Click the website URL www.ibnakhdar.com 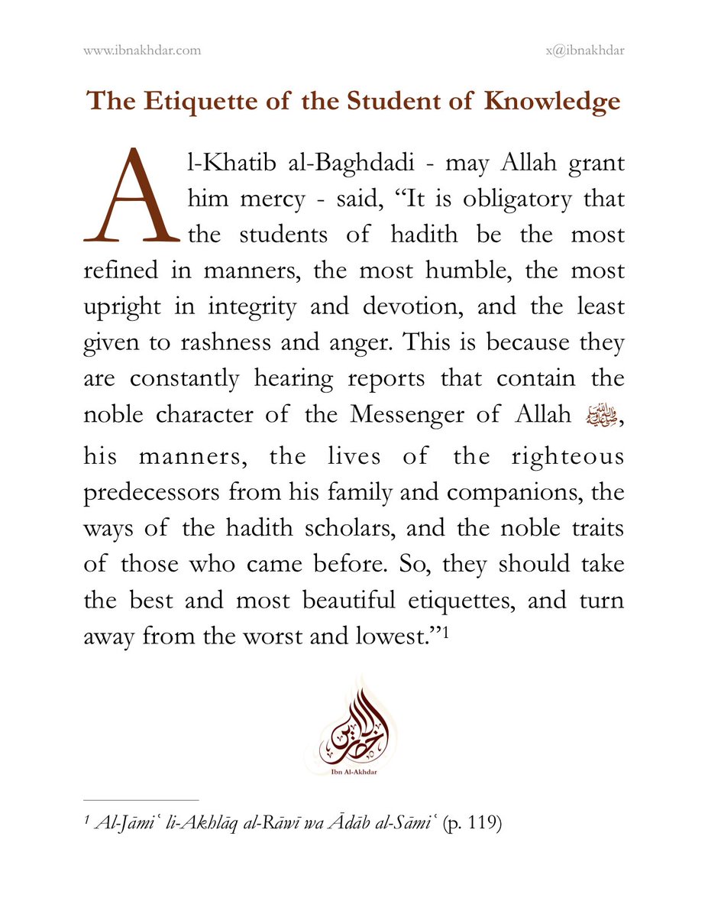pyautogui.click(x=141, y=51)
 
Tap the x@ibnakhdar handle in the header pyautogui.click(x=581, y=51)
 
